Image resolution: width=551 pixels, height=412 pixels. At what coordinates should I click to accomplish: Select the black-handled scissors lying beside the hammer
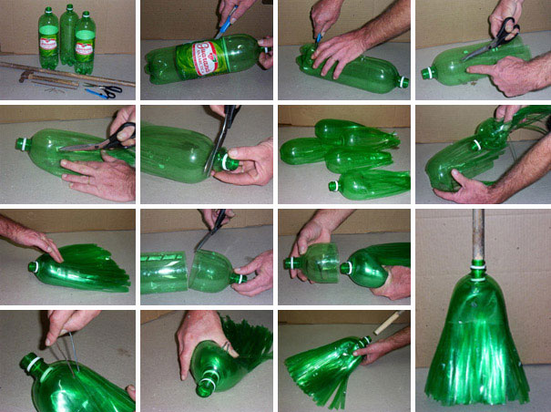(102, 91)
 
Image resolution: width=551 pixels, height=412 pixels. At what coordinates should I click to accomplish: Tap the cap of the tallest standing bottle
(66, 8)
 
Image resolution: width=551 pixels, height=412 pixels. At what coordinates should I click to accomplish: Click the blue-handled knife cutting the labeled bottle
(224, 17)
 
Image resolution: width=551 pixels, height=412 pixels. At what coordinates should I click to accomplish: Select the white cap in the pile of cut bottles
(333, 185)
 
